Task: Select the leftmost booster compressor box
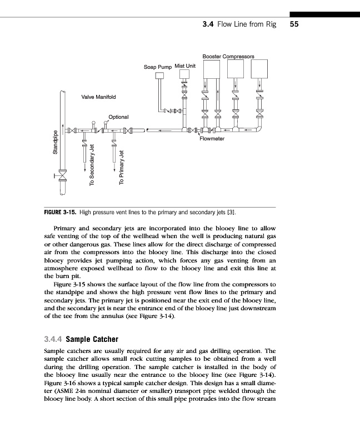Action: (212, 67)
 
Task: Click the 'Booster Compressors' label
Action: (228, 57)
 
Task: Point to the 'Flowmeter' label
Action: (211, 139)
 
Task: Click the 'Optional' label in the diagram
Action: (119, 117)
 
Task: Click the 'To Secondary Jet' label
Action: (92, 165)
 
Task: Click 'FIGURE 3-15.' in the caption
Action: (60, 212)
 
